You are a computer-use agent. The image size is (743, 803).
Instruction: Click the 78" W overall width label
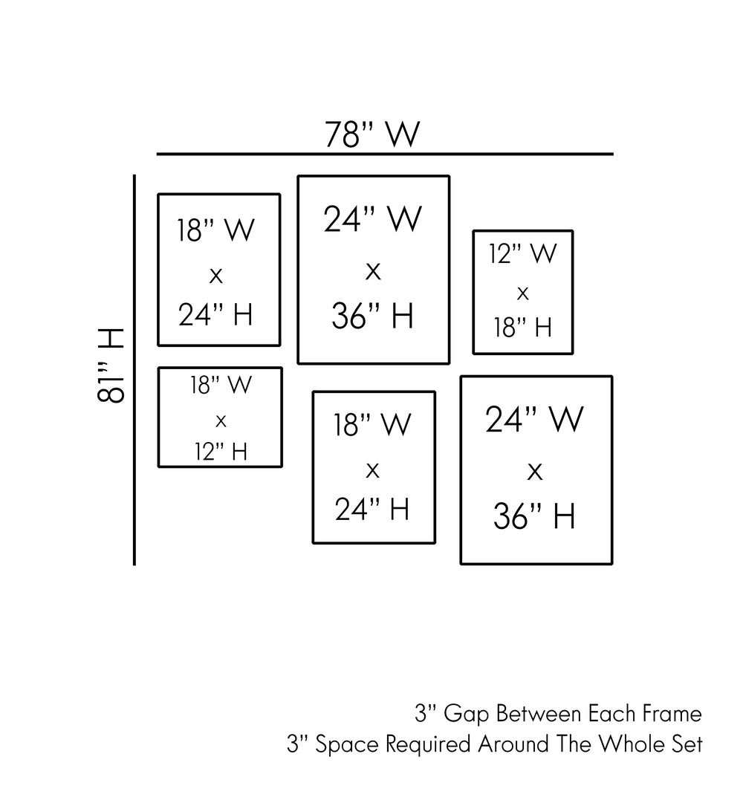[372, 134]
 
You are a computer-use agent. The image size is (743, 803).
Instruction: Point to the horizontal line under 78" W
[385, 155]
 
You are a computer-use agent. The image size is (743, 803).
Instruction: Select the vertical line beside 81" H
[134, 370]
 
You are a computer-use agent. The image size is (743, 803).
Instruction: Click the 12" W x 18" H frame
[522, 292]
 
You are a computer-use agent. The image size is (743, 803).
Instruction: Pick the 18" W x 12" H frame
[220, 417]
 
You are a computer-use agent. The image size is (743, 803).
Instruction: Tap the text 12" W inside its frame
[522, 255]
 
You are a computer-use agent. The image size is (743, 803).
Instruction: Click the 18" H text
[522, 327]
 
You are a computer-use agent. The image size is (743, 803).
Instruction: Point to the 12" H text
[221, 451]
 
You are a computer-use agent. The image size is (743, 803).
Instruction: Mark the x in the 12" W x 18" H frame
[522, 293]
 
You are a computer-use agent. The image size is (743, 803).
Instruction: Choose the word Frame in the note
[669, 715]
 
